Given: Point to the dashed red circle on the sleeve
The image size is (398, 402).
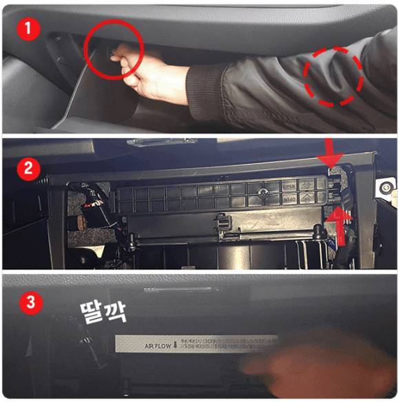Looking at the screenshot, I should point(334,76).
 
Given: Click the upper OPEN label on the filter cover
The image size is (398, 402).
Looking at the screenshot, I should point(289,186).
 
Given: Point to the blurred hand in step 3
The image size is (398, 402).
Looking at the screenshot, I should point(303,365).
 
